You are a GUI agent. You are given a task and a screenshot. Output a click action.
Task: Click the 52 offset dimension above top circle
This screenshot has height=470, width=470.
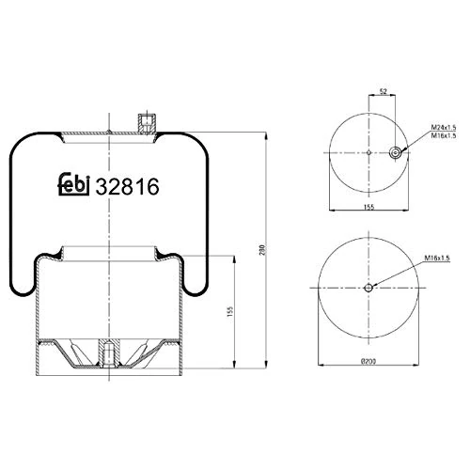pyautogui.click(x=383, y=91)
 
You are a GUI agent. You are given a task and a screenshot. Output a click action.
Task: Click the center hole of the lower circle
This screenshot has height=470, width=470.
pyautogui.click(x=369, y=289)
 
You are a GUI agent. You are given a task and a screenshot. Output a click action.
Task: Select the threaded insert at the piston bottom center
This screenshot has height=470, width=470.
pyautogui.click(x=109, y=353)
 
